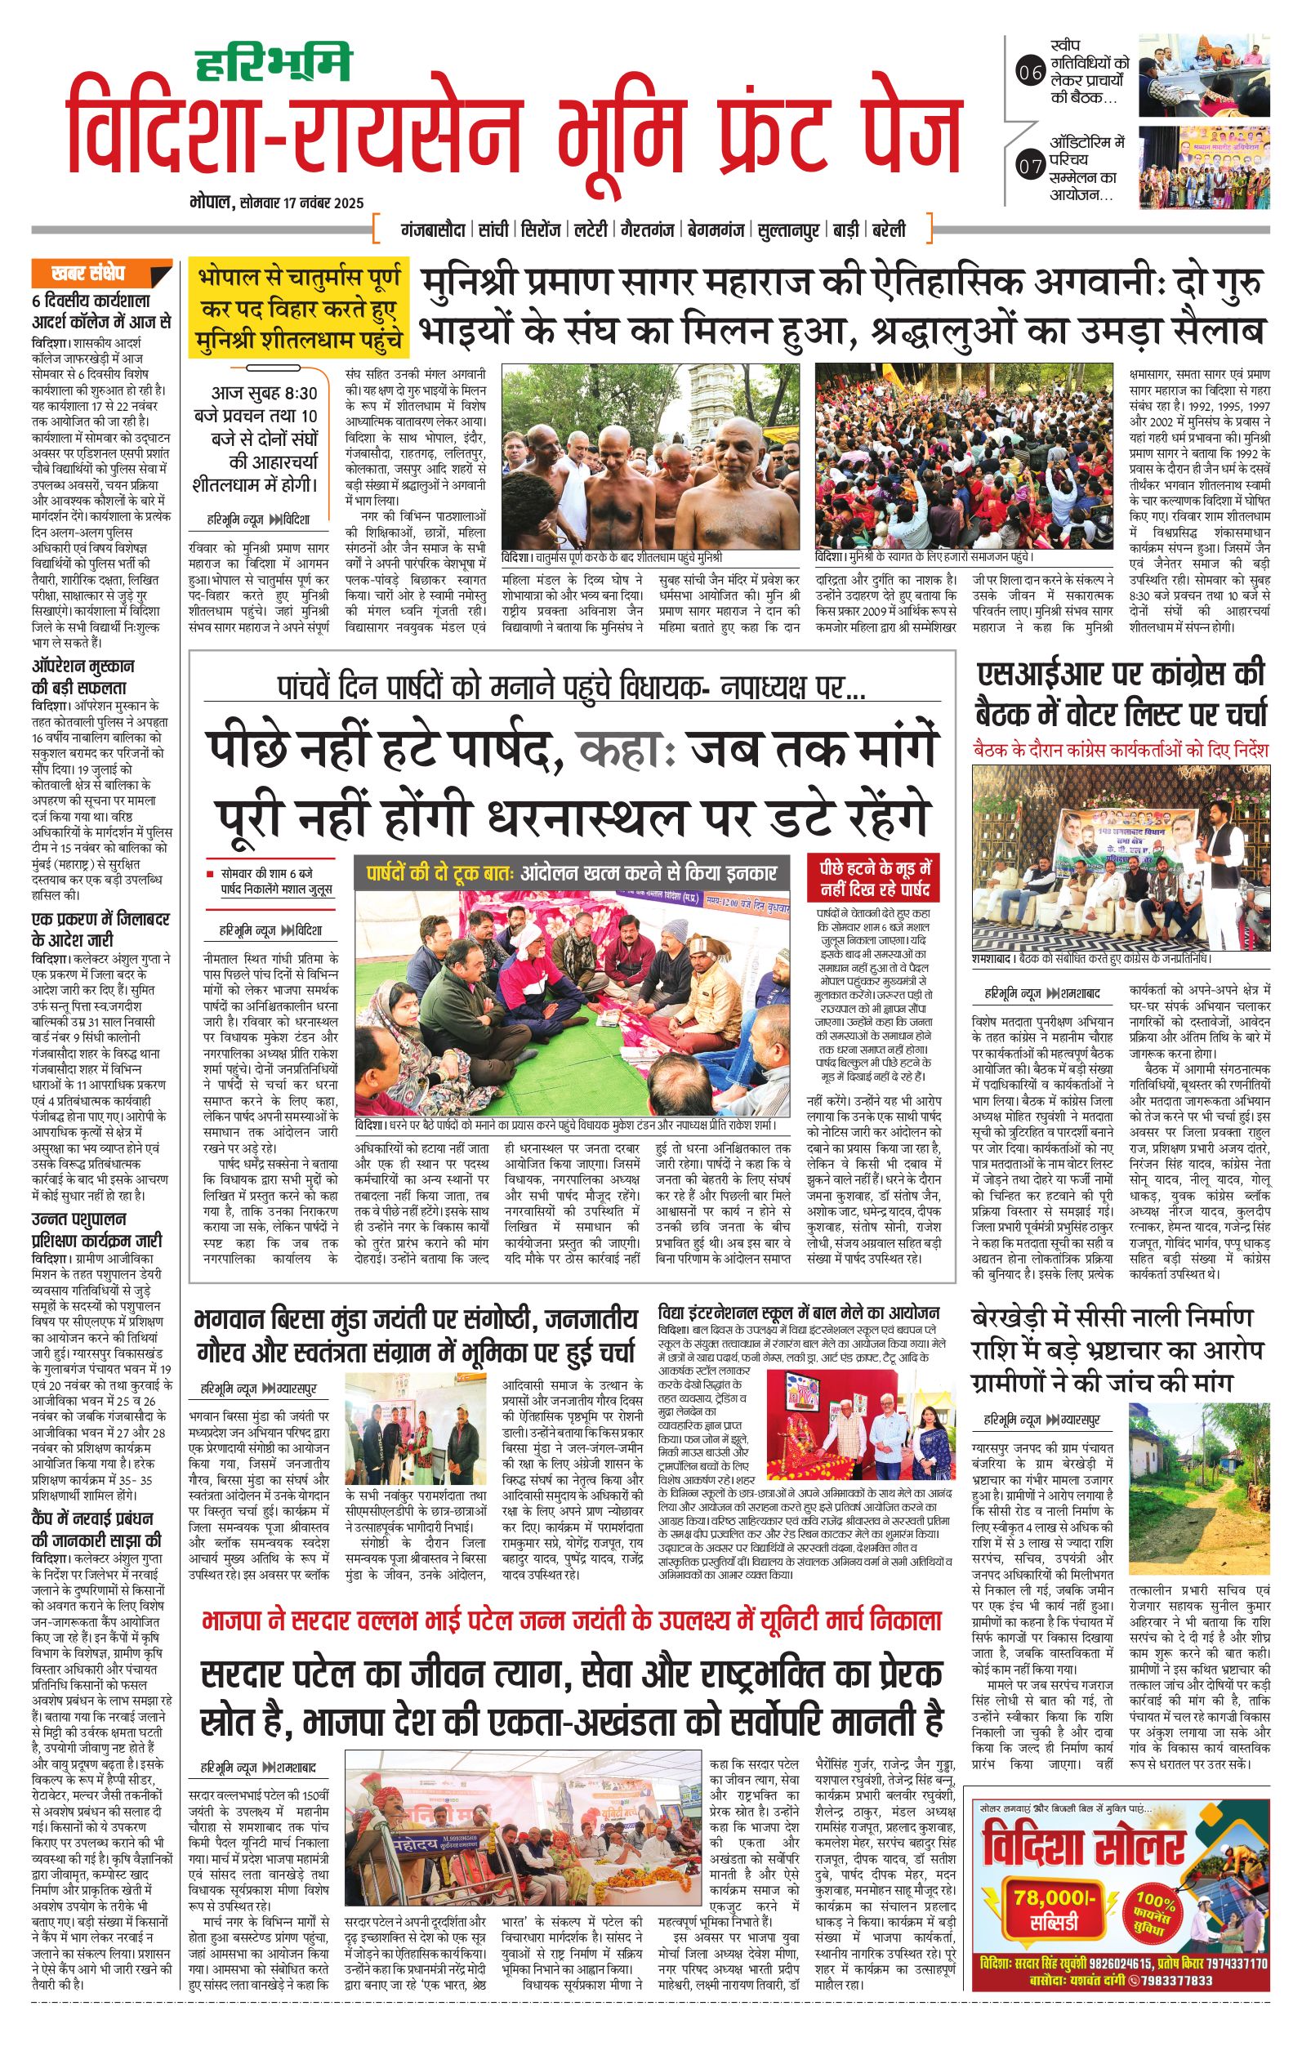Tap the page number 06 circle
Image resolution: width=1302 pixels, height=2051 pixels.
pos(1029,74)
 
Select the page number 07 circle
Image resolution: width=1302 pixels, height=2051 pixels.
pos(1029,166)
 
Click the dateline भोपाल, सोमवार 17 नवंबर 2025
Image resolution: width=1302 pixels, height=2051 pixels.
pos(278,203)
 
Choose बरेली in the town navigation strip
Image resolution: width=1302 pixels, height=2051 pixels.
pos(894,230)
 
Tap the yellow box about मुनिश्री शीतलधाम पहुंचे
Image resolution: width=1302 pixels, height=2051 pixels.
pos(299,310)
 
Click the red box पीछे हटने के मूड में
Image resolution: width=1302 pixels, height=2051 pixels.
pos(876,878)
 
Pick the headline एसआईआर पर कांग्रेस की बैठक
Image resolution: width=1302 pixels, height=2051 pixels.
pos(1121,695)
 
